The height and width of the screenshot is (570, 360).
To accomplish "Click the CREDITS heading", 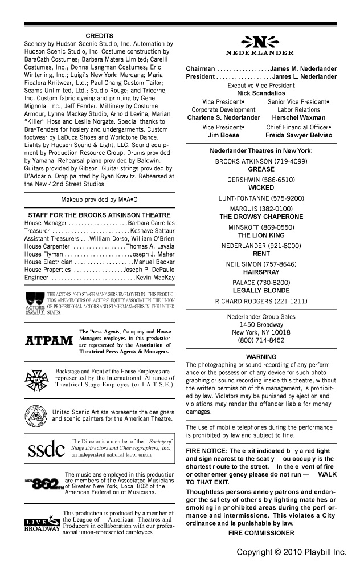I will pos(99,36).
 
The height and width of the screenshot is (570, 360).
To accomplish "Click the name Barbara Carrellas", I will pos(152,222).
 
